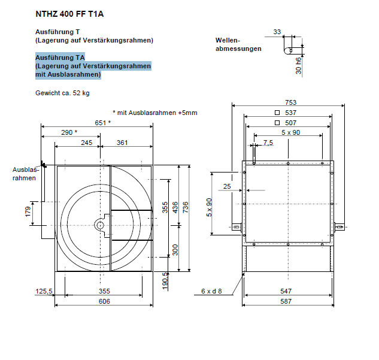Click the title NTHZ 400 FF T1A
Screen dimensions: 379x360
coord(69,14)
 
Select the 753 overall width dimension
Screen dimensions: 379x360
coord(290,102)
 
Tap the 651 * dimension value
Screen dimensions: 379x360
coord(103,123)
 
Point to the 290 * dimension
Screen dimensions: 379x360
coord(69,132)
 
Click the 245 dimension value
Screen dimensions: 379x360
coord(87,143)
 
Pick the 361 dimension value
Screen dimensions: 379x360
coord(122,143)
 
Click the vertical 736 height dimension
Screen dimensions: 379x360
coord(186,207)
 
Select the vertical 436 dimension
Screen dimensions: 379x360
coord(175,207)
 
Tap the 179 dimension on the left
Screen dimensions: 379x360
coord(28,212)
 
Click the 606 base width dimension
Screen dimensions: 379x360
coord(104,301)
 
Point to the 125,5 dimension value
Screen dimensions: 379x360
coord(44,291)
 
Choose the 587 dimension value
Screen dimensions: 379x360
coord(286,301)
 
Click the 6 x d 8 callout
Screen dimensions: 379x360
coord(211,291)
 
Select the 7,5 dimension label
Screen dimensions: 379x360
coord(268,143)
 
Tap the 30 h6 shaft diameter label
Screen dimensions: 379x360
coord(299,66)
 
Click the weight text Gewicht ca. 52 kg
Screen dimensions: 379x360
coord(62,93)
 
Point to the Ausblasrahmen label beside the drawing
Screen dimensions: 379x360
coord(25,174)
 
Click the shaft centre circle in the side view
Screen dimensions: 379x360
coord(100,226)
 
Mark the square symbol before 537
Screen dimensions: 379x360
coord(277,113)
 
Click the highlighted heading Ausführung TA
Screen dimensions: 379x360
coord(60,58)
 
